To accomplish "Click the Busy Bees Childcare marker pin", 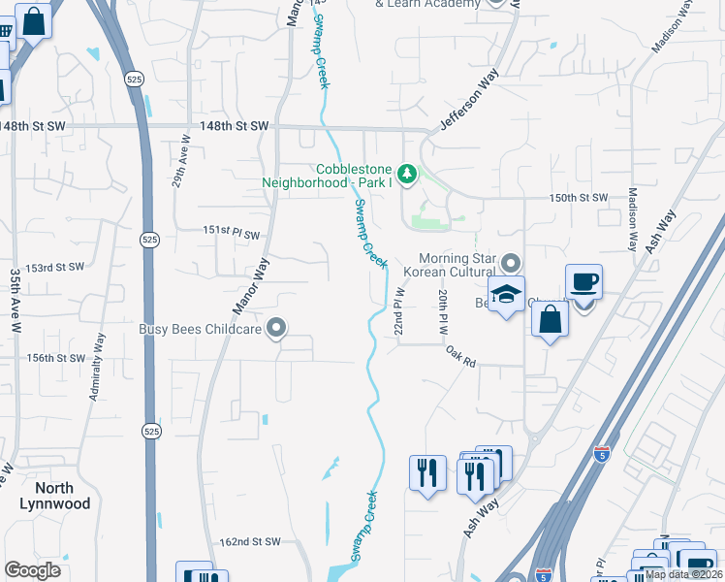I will click(277, 329).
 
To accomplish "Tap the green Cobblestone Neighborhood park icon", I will click(408, 174).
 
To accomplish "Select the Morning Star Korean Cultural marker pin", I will click(512, 262).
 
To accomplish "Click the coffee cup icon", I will click(583, 282).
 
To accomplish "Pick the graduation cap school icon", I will click(506, 295).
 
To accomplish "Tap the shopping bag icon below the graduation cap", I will click(550, 319).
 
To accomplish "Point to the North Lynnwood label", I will click(55, 496).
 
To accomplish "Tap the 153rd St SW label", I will click(56, 268).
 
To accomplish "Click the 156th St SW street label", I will click(56, 358).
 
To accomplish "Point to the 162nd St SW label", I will click(249, 541).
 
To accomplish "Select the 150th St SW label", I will click(578, 198).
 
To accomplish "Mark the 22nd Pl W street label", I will click(397, 311).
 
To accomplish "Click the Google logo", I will click(32, 570).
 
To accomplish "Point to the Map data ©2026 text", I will click(682, 574).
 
